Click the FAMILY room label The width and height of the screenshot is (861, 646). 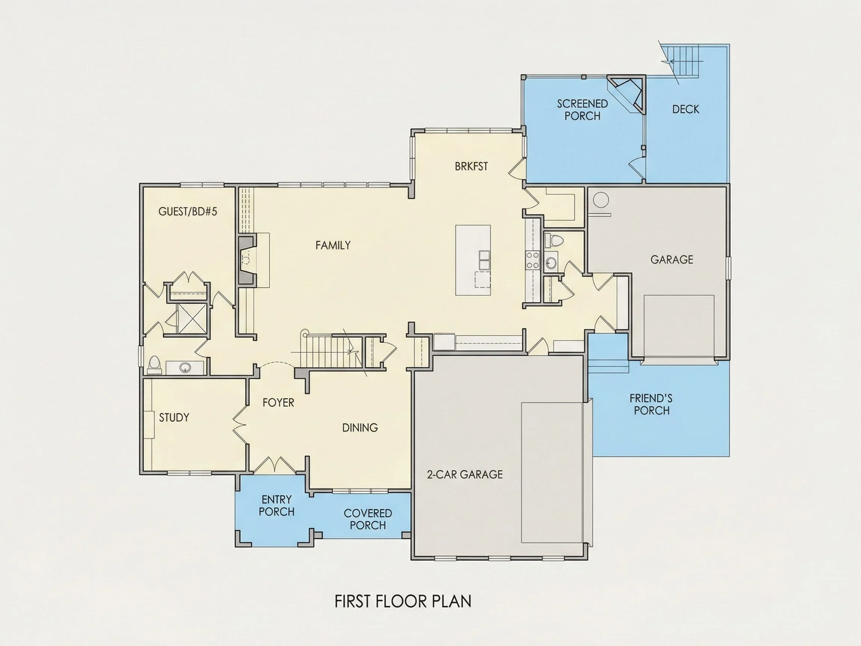point(333,245)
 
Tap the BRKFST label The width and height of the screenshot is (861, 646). point(471,166)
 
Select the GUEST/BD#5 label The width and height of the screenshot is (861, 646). point(188,212)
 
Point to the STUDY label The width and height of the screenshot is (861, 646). point(174,418)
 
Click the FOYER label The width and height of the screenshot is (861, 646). point(278,402)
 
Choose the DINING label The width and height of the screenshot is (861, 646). point(359,428)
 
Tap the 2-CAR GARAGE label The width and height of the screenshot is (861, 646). point(465,474)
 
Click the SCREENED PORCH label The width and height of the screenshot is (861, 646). point(582,110)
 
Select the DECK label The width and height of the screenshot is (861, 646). point(685,109)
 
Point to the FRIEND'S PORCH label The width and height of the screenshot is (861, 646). point(651,404)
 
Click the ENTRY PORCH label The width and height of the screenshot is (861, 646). point(277,505)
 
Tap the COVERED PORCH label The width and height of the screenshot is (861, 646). point(367,519)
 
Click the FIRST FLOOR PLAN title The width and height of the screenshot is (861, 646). point(403,602)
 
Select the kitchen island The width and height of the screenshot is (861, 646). point(473,260)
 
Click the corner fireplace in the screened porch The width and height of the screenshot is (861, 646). point(627,94)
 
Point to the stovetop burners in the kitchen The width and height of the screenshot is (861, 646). point(532,260)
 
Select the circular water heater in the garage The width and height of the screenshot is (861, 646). point(601,200)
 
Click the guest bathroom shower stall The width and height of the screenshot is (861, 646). point(192,318)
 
